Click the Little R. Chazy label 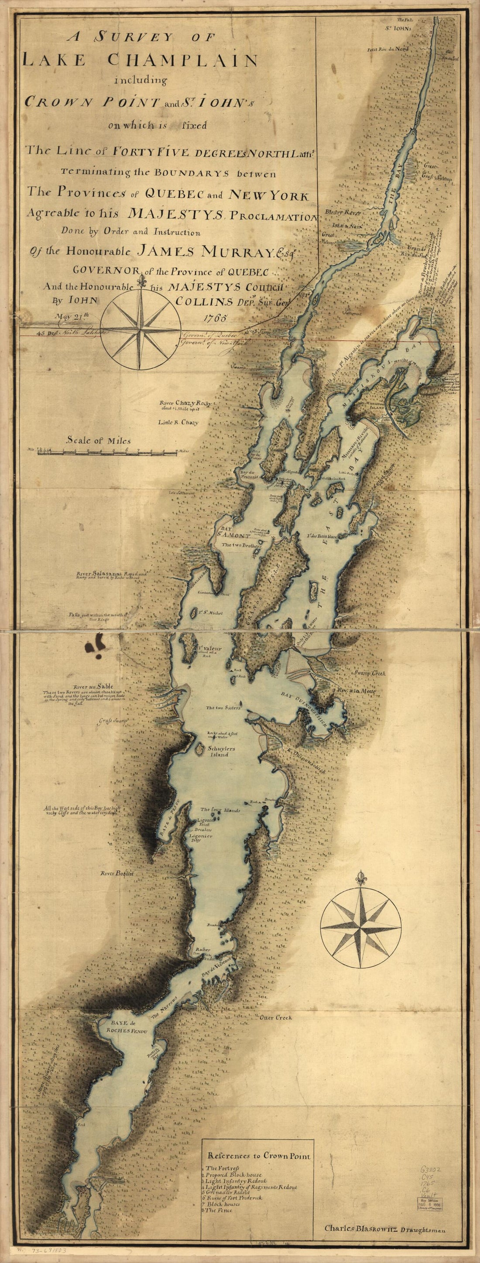pos(178,422)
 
